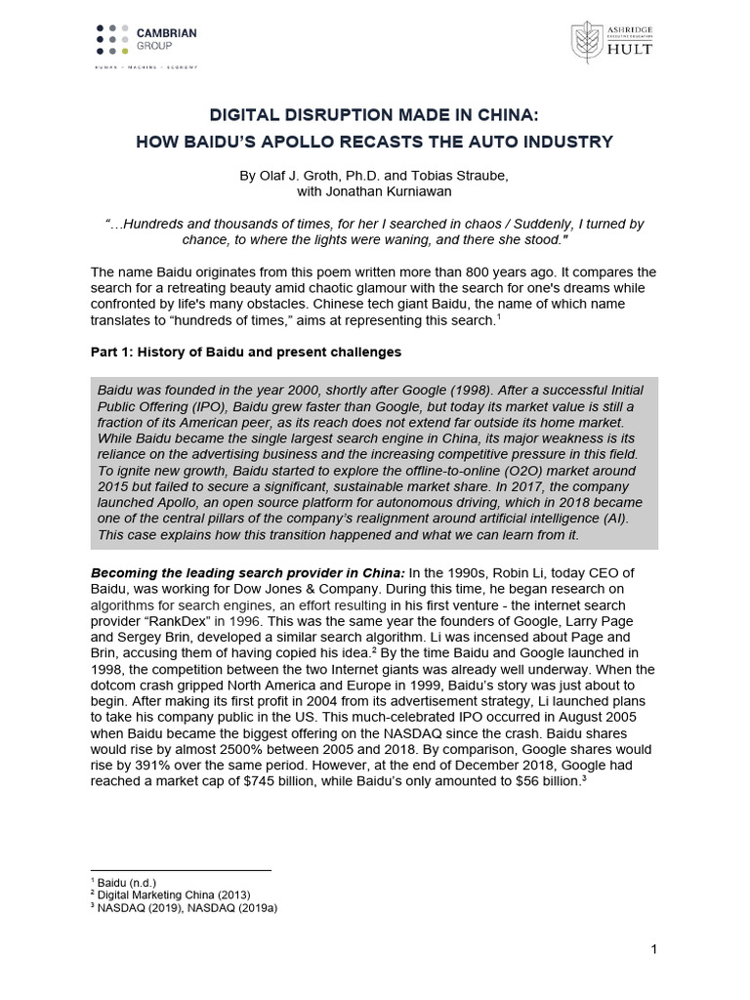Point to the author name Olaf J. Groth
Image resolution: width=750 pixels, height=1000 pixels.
click(x=294, y=176)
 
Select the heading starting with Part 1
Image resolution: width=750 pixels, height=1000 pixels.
click(x=245, y=351)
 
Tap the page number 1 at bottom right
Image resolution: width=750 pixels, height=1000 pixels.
click(x=653, y=949)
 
